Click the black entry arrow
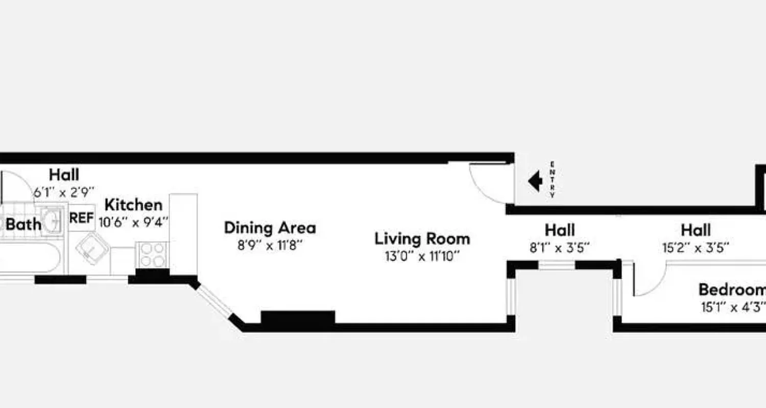pos(535,181)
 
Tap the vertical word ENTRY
pos(552,180)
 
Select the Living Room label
pos(422,239)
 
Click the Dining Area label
pos(270,227)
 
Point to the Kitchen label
pos(133,205)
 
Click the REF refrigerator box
pos(82,218)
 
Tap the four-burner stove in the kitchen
pos(152,254)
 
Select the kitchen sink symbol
pos(92,248)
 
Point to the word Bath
pos(23,224)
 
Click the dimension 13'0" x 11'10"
pos(422,256)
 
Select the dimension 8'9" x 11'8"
pos(270,244)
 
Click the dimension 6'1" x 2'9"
pos(64,192)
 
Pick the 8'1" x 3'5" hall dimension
pos(560,248)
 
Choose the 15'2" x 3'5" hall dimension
pos(696,248)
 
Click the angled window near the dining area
pos(215,301)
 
